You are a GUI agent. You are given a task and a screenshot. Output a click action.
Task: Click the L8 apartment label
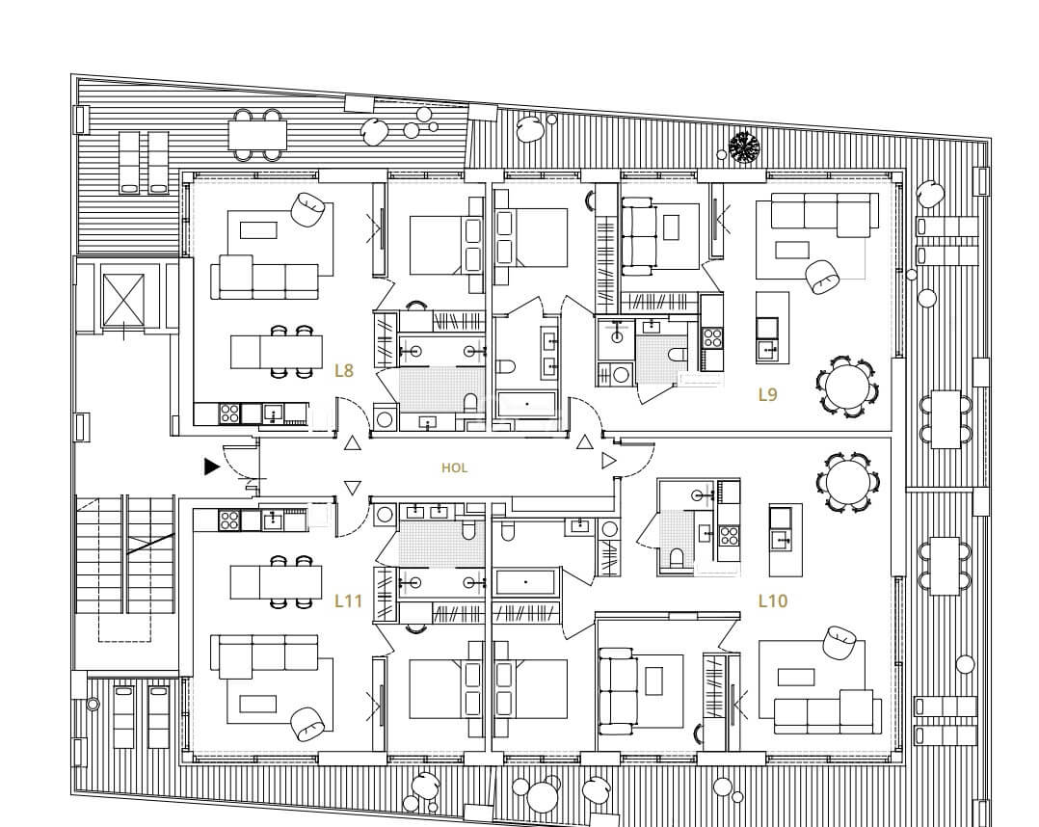tap(344, 370)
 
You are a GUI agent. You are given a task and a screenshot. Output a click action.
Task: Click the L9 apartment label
tap(767, 395)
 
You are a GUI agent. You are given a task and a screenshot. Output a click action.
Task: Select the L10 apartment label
tap(773, 601)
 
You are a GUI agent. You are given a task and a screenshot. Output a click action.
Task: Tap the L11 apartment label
tap(348, 601)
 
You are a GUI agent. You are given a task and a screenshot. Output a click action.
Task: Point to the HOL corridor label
tap(455, 467)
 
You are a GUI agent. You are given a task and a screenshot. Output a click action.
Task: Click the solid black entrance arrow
tap(211, 467)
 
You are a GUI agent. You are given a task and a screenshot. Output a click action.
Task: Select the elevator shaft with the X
tap(122, 300)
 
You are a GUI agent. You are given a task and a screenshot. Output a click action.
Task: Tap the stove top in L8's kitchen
tap(229, 413)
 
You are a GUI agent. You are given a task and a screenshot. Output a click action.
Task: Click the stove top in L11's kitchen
tap(229, 520)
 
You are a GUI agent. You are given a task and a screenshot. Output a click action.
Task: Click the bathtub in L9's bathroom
tap(527, 404)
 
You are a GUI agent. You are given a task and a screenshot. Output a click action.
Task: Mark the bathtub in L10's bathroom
tap(525, 582)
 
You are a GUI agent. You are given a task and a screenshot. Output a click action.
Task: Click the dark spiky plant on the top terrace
tap(744, 147)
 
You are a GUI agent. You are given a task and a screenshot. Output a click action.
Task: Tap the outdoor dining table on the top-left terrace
tap(257, 135)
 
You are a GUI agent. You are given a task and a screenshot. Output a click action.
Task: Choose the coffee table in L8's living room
tap(258, 230)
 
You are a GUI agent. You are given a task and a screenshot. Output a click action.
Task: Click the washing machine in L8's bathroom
tap(385, 418)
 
